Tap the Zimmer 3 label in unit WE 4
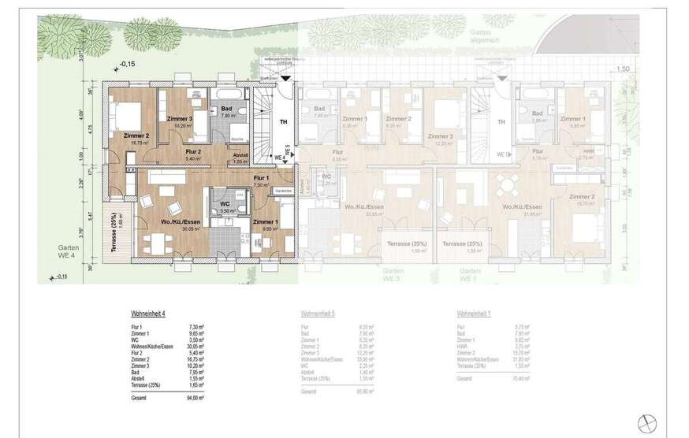(179, 118)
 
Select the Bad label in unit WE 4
(226, 109)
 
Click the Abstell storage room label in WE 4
(240, 155)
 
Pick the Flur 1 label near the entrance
(261, 179)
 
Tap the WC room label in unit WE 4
(225, 205)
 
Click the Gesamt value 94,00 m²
(196, 399)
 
